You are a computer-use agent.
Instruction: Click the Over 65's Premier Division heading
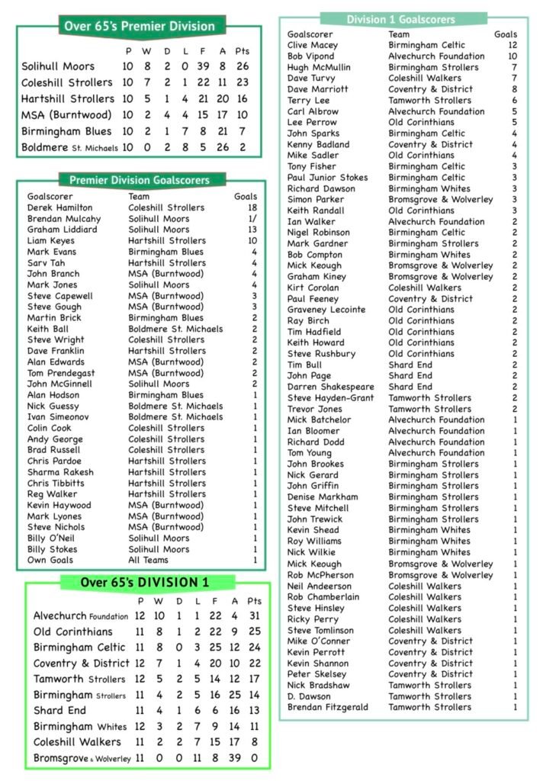[x=139, y=26]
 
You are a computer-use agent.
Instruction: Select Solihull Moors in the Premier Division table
[x=58, y=66]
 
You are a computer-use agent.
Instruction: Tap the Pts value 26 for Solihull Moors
[x=243, y=66]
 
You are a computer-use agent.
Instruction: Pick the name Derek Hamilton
[x=59, y=207]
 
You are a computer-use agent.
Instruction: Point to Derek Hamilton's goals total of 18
[x=252, y=207]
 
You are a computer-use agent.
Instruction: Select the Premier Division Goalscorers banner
[x=139, y=181]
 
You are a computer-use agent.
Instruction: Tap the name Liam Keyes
[x=50, y=240]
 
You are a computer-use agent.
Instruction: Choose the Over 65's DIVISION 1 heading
[x=144, y=583]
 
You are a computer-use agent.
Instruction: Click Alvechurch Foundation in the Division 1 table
[x=80, y=615]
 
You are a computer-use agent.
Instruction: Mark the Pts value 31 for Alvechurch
[x=255, y=615]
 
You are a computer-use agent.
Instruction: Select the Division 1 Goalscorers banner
[x=400, y=19]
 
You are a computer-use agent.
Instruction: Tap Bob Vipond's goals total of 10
[x=512, y=56]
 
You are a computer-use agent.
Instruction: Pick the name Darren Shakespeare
[x=331, y=387]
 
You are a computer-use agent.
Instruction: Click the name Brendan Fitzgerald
[x=327, y=708]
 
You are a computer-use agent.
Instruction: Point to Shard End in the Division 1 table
[x=60, y=710]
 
